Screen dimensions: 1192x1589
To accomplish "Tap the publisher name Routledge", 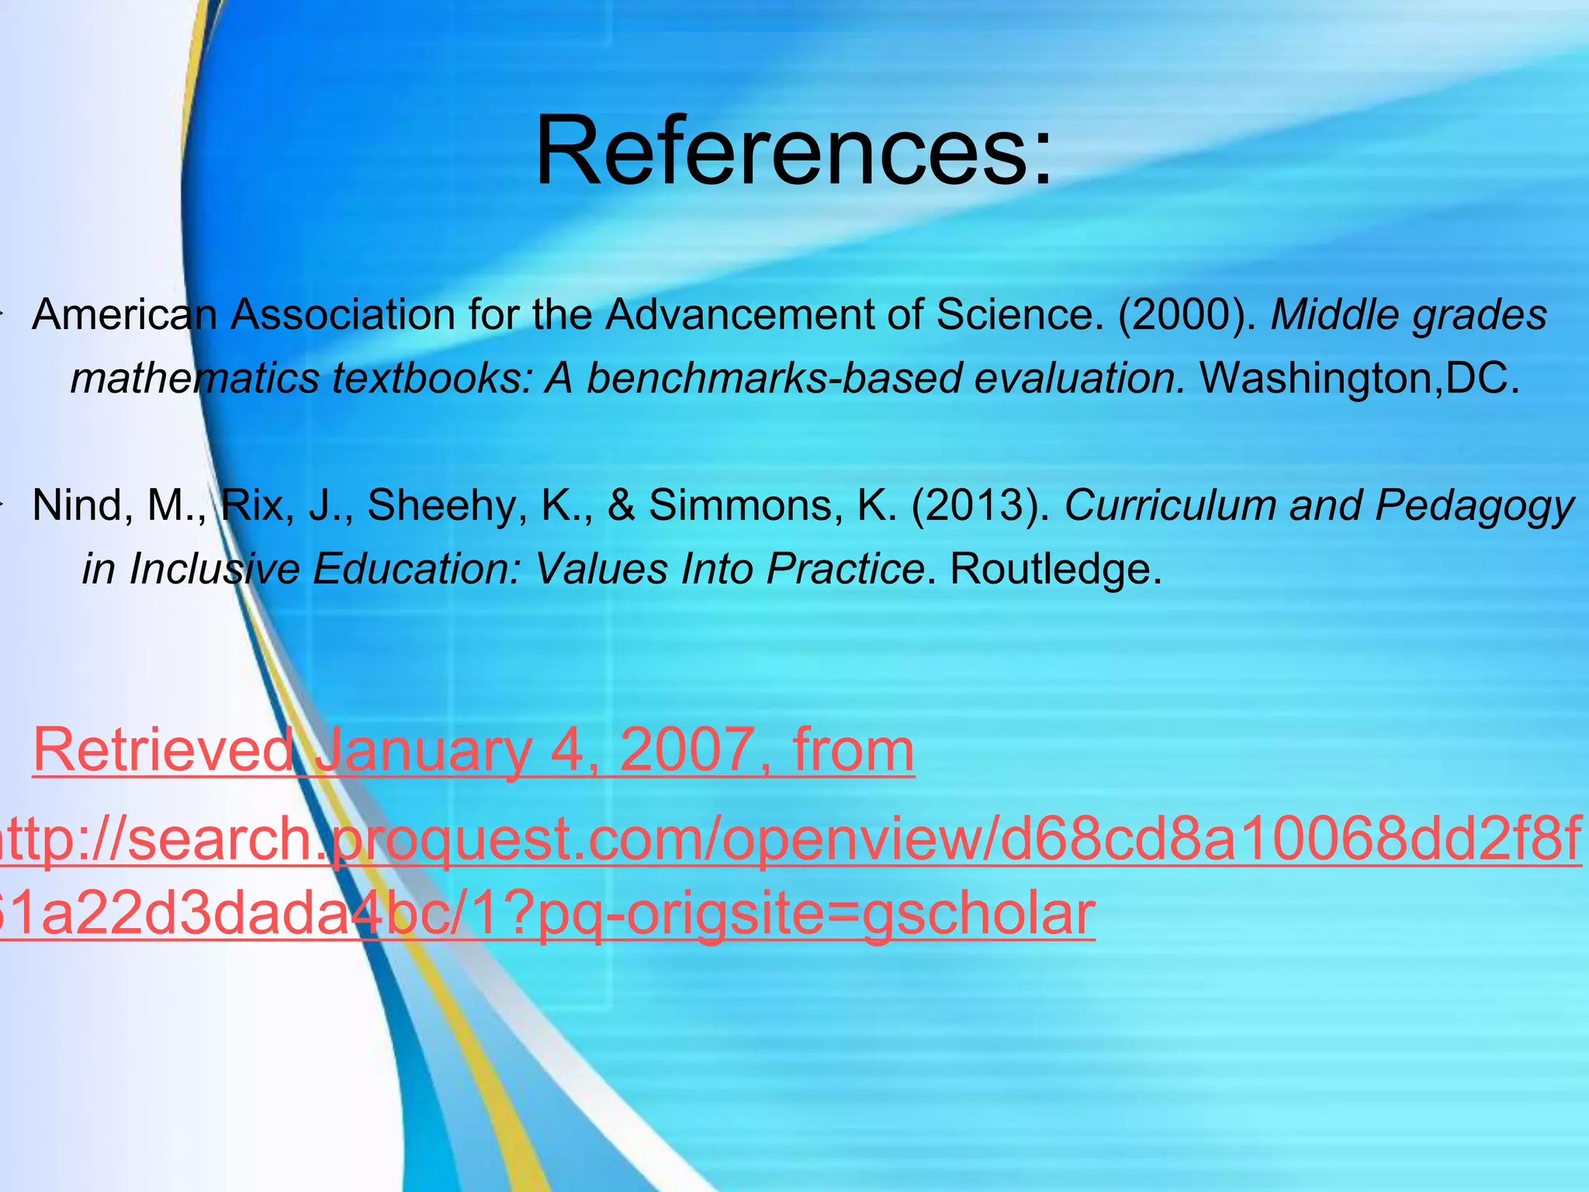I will pos(1055,570).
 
